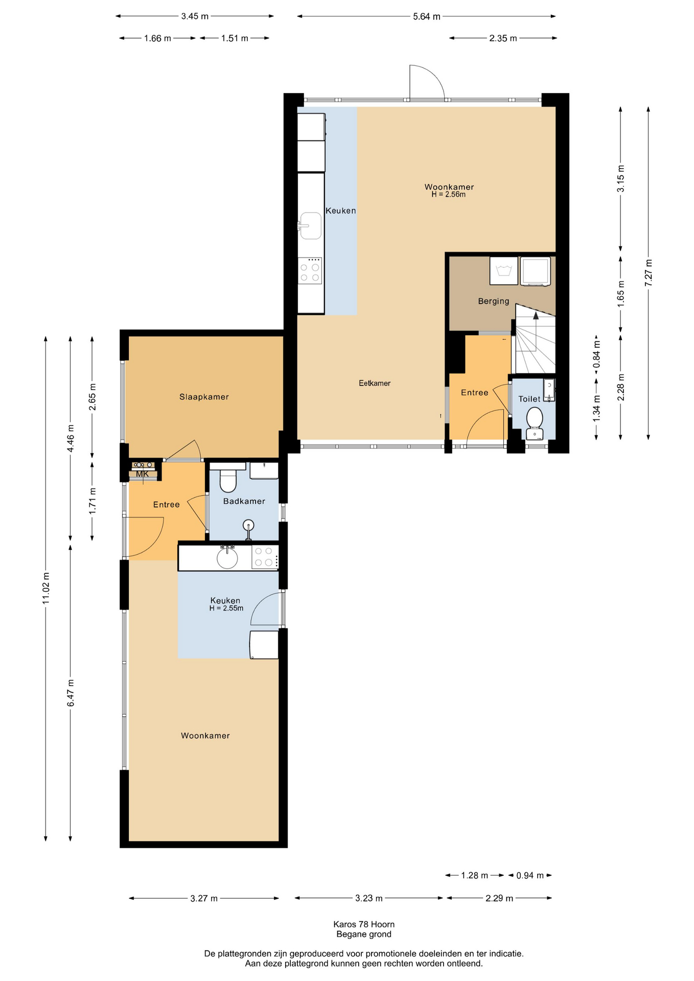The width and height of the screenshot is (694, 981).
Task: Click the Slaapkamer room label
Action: (204, 397)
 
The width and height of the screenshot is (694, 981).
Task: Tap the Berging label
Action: (494, 301)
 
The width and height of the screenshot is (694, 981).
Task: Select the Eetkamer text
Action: (375, 383)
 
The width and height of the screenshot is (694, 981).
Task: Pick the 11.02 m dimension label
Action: (46, 588)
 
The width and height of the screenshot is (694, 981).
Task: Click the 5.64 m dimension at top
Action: (427, 16)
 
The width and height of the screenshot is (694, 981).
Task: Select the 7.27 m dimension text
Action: (649, 273)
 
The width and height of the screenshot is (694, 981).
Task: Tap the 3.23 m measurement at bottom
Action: (369, 898)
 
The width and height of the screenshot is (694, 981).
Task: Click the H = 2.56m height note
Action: (449, 195)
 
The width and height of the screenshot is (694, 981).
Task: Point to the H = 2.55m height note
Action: (226, 609)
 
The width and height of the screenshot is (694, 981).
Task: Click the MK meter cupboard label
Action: (143, 474)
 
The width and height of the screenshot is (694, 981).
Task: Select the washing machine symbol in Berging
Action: (504, 271)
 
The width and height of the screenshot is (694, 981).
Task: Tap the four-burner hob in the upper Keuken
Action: (310, 271)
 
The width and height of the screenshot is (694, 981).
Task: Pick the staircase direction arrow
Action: (536, 331)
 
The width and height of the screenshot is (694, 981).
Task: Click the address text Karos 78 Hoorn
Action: (364, 924)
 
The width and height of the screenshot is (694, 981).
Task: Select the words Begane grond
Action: (364, 935)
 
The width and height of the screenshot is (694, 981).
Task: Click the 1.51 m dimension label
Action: (235, 38)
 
